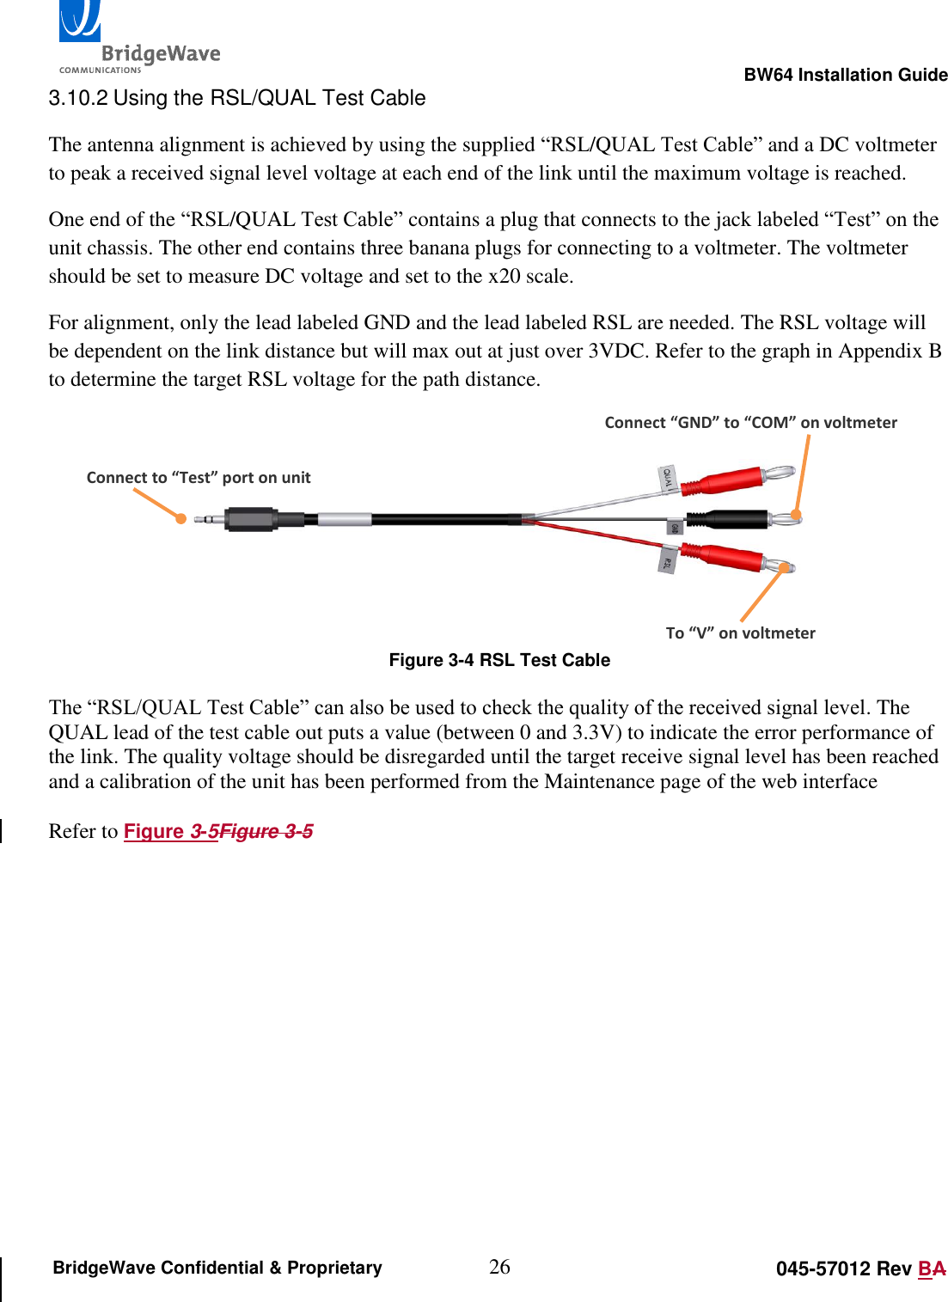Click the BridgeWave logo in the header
(x=138, y=39)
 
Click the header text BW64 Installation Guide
(x=845, y=75)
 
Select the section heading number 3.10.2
(x=77, y=98)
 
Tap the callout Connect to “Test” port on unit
(x=199, y=478)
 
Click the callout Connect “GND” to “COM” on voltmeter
(x=750, y=423)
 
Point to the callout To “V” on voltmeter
(x=740, y=633)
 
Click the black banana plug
(x=736, y=520)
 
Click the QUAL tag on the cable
(x=668, y=479)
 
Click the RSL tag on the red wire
(x=667, y=560)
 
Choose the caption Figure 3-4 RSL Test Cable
(x=499, y=660)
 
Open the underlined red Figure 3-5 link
(x=170, y=831)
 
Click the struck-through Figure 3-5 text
(x=266, y=831)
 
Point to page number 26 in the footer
(x=499, y=1267)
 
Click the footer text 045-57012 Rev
(x=843, y=1269)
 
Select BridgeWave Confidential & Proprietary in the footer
(x=217, y=1268)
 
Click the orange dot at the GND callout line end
(x=796, y=516)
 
